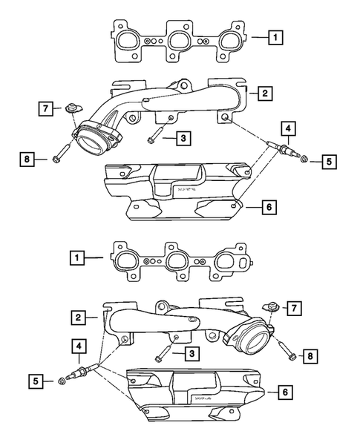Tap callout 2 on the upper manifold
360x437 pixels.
(262, 93)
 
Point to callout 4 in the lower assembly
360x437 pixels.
(76, 345)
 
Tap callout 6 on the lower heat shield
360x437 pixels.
(283, 391)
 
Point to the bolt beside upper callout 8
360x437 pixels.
(60, 157)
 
